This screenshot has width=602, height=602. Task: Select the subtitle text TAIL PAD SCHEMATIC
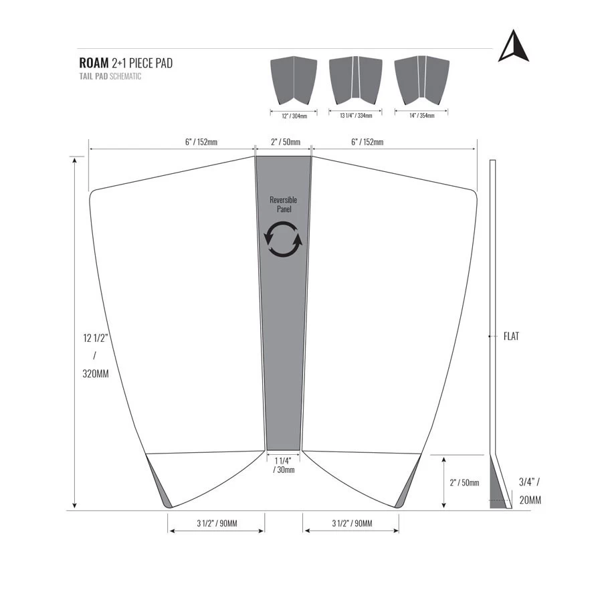(110, 77)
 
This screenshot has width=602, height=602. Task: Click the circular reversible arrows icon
(284, 238)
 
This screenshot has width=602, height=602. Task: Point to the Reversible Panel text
(284, 205)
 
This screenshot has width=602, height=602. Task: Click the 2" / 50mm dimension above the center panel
(285, 142)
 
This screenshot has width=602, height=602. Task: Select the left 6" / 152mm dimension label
(201, 142)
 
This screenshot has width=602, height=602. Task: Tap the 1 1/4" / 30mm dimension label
(284, 465)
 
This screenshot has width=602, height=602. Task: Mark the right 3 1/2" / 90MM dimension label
(352, 523)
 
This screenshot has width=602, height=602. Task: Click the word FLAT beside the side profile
(511, 336)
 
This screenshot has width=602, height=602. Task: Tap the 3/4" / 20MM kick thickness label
(530, 490)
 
